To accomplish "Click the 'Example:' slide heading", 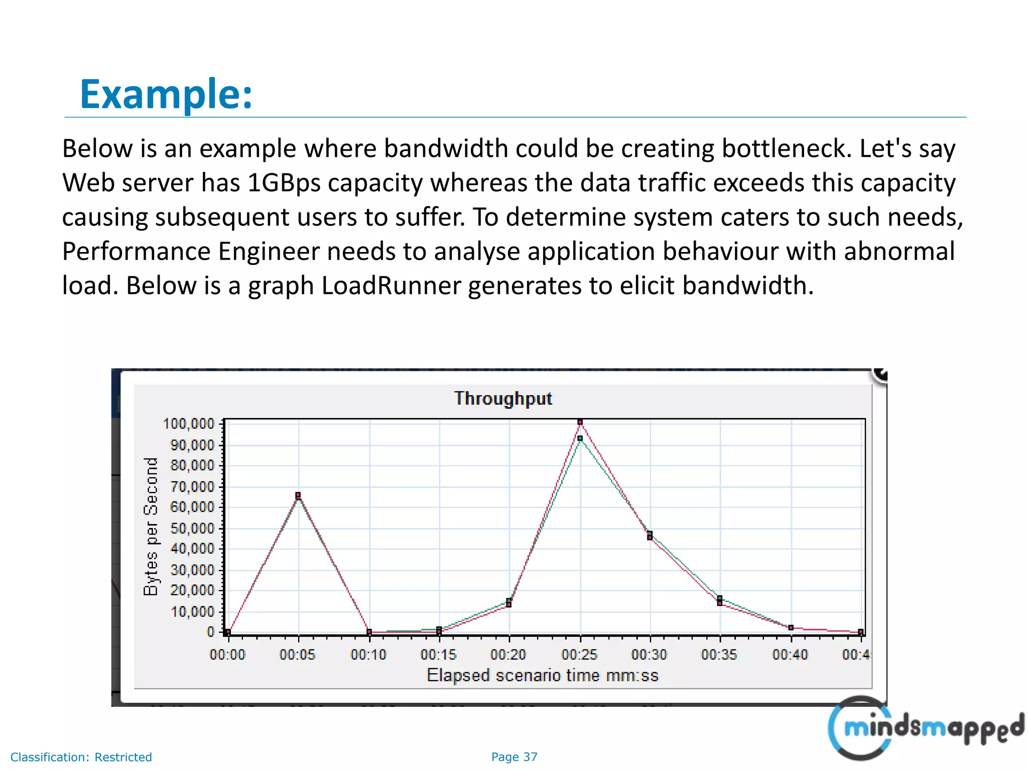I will (x=166, y=94).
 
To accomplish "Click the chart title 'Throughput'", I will (x=503, y=399).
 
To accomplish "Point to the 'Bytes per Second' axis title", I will (x=151, y=527).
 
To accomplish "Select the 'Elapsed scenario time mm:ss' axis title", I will (x=542, y=676).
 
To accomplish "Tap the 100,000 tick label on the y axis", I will (x=189, y=424).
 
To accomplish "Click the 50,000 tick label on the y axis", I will (x=192, y=529).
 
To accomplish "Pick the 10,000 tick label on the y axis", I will (x=192, y=612).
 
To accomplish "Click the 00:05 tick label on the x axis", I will (x=298, y=655).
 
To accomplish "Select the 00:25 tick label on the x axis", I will (x=580, y=655).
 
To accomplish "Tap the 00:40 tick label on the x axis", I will (x=790, y=655).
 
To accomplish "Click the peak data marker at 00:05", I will (x=298, y=495).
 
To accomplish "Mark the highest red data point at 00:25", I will (x=580, y=422).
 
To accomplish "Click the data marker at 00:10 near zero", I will (x=369, y=632).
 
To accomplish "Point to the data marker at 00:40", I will (x=791, y=628).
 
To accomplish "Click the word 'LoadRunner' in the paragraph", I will (x=391, y=286).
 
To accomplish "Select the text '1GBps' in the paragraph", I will (x=284, y=183).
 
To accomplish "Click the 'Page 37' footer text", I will (x=514, y=757).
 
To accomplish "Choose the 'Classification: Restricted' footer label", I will (x=81, y=757).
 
